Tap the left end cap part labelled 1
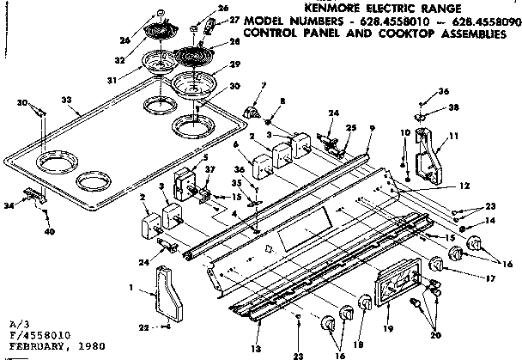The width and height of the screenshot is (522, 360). [x=161, y=293]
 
